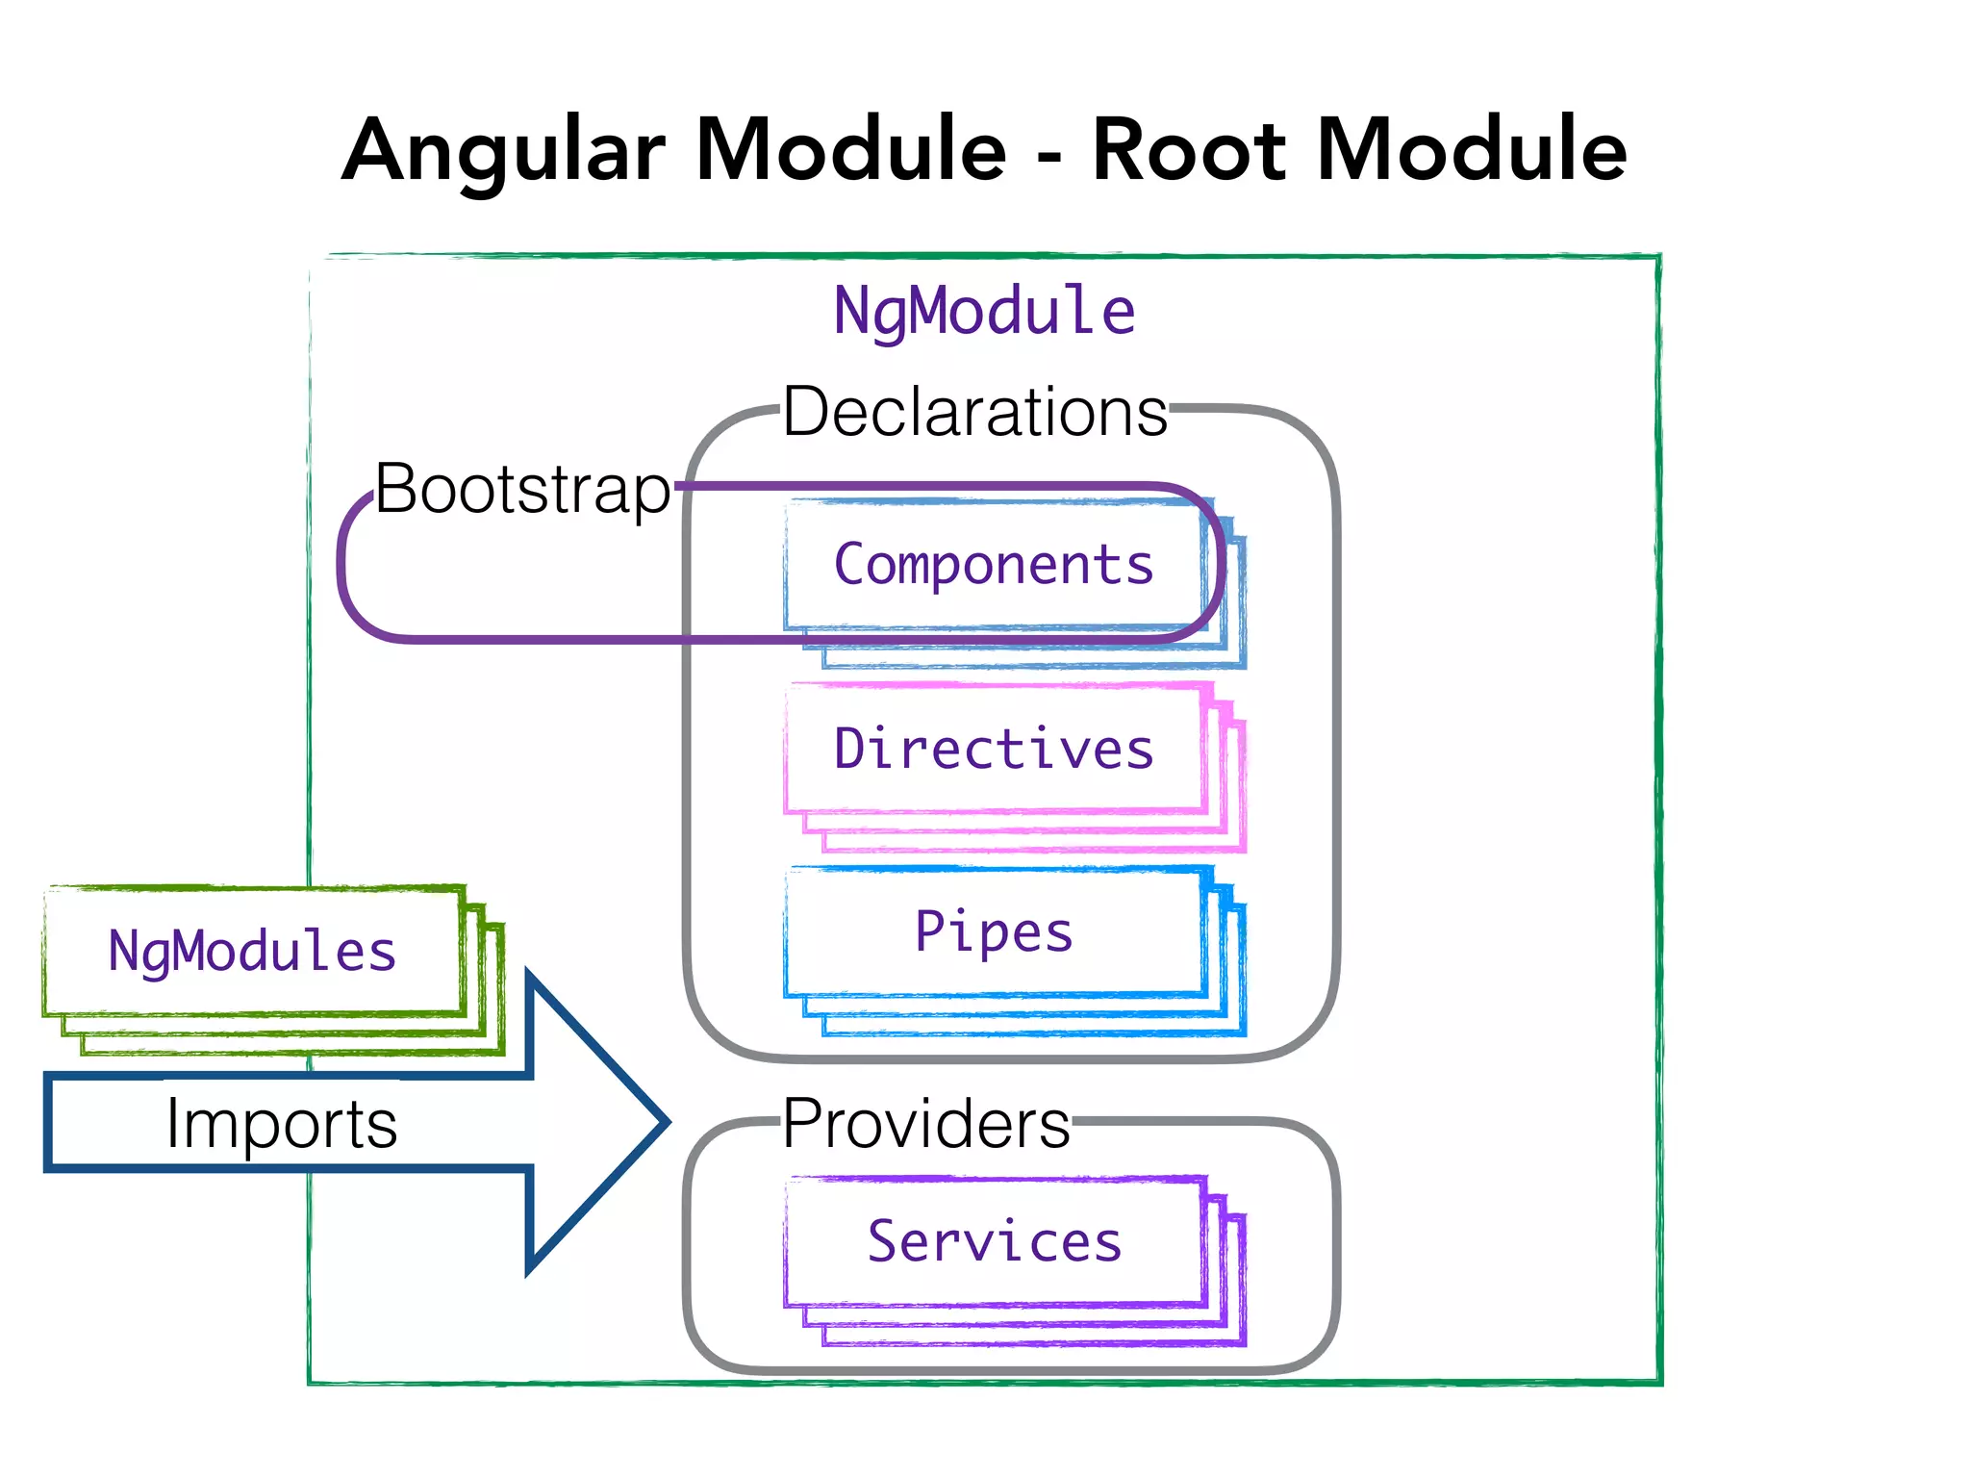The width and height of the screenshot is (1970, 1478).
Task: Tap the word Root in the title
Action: (1189, 150)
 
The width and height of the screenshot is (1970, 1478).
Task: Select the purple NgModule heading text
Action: (984, 311)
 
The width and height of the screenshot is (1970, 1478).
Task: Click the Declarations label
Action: (974, 412)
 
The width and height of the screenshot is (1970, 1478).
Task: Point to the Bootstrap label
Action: (521, 489)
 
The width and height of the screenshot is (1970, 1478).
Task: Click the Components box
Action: (994, 565)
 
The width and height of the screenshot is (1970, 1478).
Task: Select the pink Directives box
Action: (994, 749)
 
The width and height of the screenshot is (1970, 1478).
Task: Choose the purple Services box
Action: (994, 1241)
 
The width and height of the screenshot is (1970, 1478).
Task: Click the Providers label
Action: (925, 1123)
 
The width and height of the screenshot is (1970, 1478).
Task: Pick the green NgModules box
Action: (252, 951)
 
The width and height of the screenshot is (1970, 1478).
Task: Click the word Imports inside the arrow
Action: (281, 1123)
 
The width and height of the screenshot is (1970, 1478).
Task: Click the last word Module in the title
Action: (1471, 150)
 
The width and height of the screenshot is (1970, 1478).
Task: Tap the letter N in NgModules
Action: (123, 951)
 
